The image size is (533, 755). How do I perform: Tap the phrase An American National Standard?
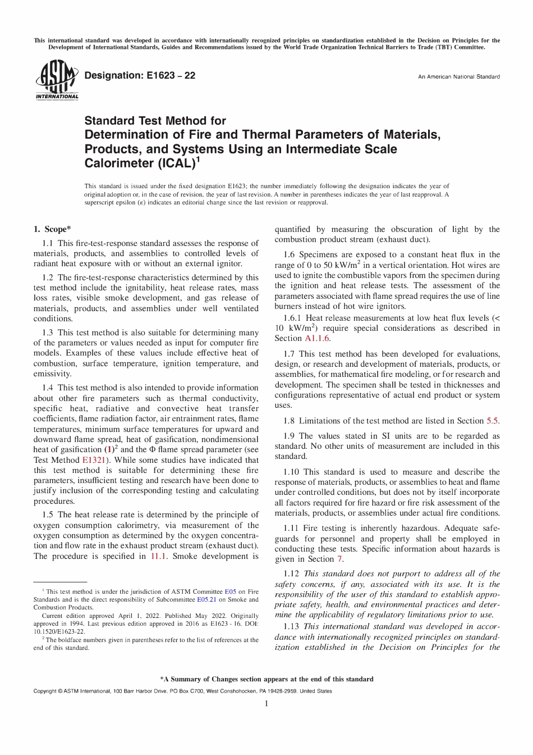click(x=458, y=77)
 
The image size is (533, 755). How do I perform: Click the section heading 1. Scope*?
click(x=52, y=229)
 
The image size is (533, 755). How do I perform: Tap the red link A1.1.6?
click(x=318, y=338)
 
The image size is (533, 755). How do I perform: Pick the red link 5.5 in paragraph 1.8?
click(x=492, y=421)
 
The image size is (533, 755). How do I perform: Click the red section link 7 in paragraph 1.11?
click(x=339, y=559)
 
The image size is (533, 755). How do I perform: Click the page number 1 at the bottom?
click(x=266, y=703)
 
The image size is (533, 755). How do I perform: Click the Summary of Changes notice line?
click(x=266, y=679)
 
